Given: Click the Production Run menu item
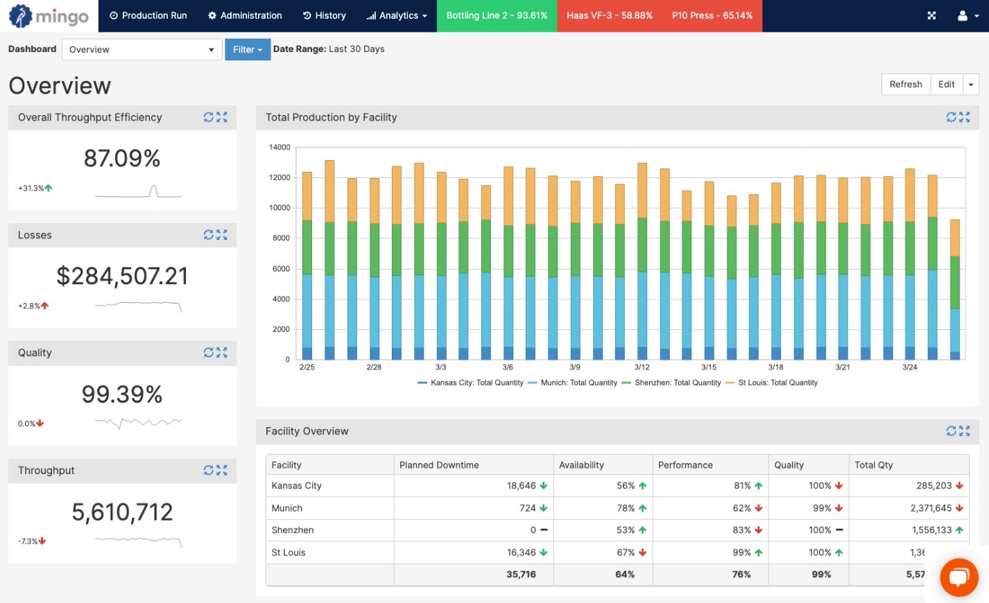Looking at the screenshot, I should click(x=148, y=15).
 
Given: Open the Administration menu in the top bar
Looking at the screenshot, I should click(x=245, y=15).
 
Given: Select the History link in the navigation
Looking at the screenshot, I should click(x=324, y=15).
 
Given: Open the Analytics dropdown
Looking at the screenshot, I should click(x=397, y=15).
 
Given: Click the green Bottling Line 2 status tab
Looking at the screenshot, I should click(x=497, y=15).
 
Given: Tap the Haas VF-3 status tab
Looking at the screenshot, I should click(x=609, y=15).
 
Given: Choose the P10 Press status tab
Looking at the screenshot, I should click(x=712, y=15).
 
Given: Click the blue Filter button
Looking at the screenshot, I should click(x=247, y=49).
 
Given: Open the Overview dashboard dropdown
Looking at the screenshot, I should click(x=141, y=49).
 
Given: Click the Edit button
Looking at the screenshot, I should click(x=946, y=84).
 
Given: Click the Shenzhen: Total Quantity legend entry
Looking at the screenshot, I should click(x=677, y=383).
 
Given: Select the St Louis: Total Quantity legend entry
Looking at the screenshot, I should click(x=777, y=383).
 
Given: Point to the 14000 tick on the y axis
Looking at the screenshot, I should click(x=279, y=147).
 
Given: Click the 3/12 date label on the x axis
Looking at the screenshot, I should click(x=642, y=367).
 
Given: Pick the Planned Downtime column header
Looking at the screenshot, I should click(x=439, y=465).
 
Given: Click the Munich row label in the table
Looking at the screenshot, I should click(x=287, y=508).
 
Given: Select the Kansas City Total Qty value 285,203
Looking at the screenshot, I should click(x=934, y=486).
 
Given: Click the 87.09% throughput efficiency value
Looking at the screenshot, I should click(x=122, y=159).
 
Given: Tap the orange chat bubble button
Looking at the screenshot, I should click(x=958, y=577).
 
